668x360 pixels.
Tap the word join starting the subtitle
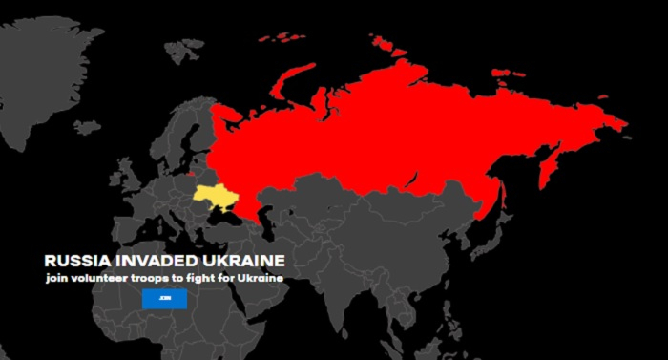click(57, 279)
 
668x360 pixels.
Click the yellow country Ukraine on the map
click(217, 198)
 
